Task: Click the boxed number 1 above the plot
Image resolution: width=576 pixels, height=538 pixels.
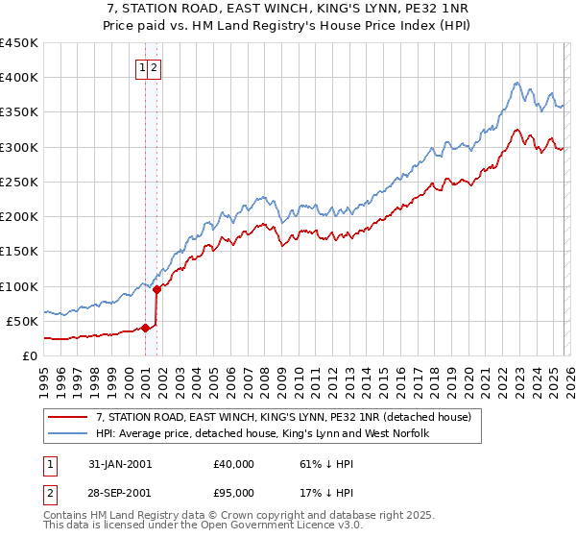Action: coord(142,67)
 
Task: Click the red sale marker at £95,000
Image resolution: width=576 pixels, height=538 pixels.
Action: coord(156,289)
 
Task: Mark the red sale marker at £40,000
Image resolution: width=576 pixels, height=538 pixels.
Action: coord(146,328)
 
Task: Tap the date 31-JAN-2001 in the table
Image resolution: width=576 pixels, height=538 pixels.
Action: coord(119,464)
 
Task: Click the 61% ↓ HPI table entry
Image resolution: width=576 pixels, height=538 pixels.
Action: coord(324,464)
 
